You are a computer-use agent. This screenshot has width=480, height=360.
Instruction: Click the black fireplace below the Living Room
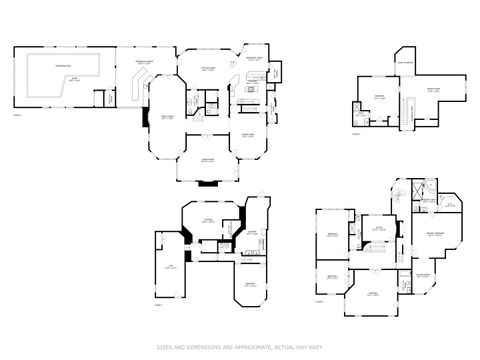coord(208,182)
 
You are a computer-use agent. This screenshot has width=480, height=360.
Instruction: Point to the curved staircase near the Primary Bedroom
coord(396,194)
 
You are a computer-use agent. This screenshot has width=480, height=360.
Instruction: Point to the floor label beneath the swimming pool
coord(17,116)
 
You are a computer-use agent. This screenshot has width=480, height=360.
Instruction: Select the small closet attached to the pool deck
coord(99,98)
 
